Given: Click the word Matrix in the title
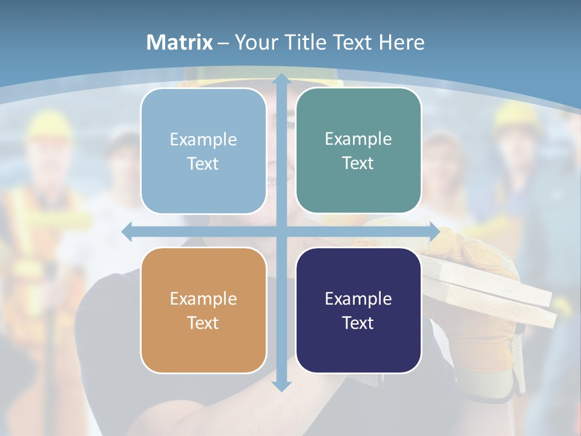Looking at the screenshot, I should click(180, 42).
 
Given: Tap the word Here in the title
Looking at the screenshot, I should click(401, 42).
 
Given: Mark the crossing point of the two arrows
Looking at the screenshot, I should click(281, 231).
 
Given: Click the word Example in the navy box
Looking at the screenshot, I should click(358, 299).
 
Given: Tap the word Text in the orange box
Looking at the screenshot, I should click(203, 323).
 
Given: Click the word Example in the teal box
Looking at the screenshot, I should click(358, 139).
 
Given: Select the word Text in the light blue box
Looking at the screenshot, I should click(203, 163).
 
